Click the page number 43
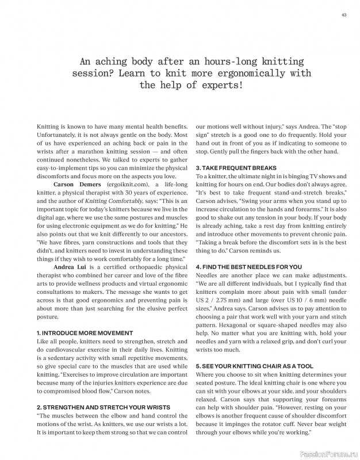[x=343, y=15]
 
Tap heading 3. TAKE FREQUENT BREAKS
[x=228, y=167]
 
